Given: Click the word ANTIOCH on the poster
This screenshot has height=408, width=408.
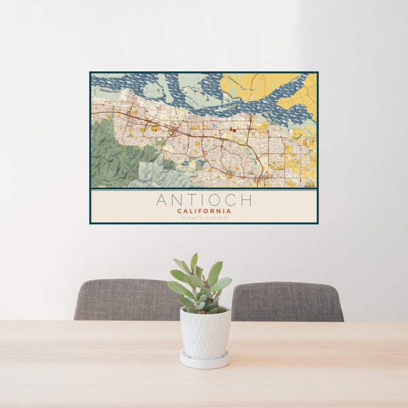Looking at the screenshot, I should (x=203, y=200).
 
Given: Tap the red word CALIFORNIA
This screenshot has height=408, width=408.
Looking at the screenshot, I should (x=204, y=211).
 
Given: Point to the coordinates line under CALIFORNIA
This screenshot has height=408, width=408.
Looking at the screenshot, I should (x=204, y=217).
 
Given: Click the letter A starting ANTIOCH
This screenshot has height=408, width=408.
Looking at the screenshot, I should (x=161, y=200).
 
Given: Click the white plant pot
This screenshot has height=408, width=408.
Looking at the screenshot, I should (x=205, y=333).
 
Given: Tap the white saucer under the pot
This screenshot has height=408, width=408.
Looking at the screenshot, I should (x=205, y=360).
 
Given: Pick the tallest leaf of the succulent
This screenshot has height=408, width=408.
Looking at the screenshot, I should (x=194, y=262).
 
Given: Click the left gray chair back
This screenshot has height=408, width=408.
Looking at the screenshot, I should (x=126, y=300).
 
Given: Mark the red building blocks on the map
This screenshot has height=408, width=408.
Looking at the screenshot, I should (x=233, y=127).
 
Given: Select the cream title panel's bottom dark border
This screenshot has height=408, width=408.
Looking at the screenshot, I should (x=204, y=223).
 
